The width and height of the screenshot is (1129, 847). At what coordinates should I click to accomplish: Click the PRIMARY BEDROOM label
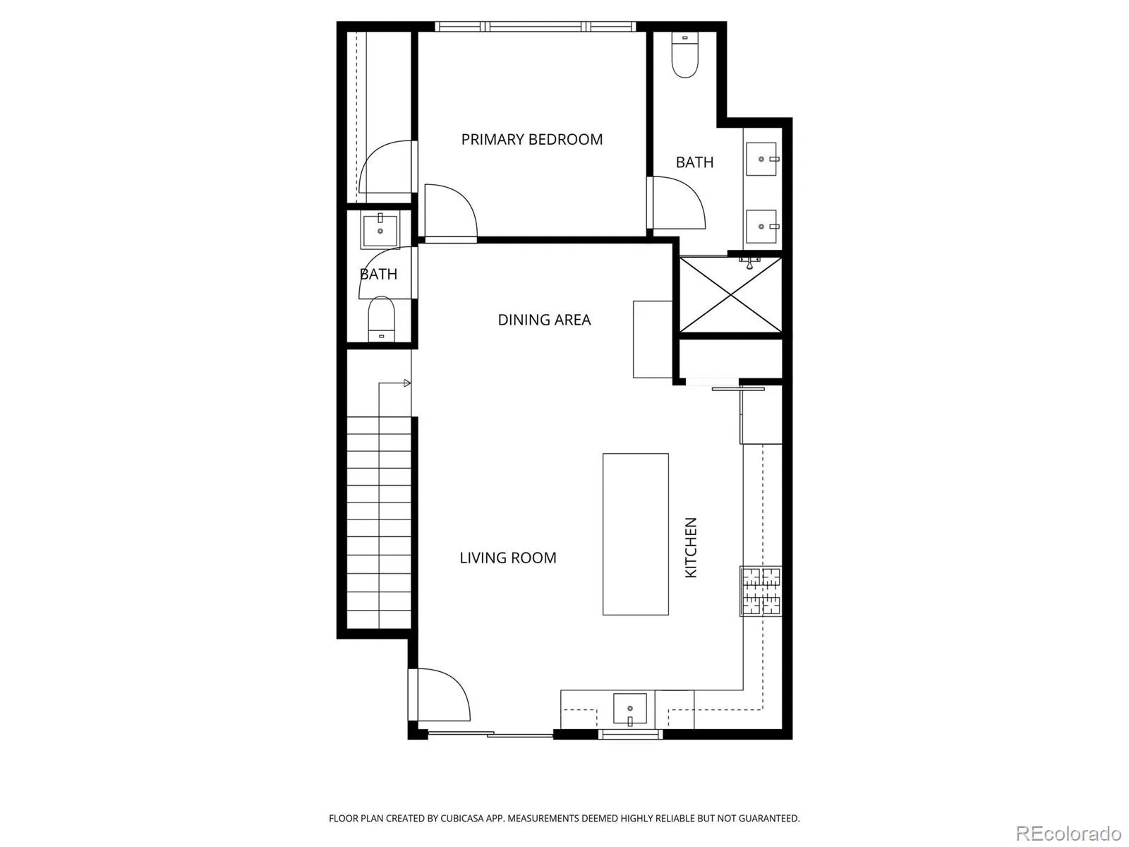pyautogui.click(x=531, y=139)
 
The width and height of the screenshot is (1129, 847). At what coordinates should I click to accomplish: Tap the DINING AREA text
pyautogui.click(x=544, y=320)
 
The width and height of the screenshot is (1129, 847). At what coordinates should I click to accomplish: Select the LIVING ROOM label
pyautogui.click(x=507, y=558)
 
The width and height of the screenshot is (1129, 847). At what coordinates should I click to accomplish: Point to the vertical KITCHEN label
pyautogui.click(x=691, y=548)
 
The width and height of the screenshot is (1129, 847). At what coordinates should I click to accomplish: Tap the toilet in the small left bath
pyautogui.click(x=381, y=319)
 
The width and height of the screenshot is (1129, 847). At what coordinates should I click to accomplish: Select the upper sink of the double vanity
pyautogui.click(x=761, y=159)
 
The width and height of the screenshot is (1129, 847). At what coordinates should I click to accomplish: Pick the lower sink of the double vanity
pyautogui.click(x=761, y=227)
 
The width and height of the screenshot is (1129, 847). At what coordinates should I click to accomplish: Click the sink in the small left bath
pyautogui.click(x=380, y=230)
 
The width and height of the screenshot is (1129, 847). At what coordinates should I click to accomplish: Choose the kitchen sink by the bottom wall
pyautogui.click(x=629, y=709)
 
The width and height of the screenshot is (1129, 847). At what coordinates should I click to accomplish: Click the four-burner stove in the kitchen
pyautogui.click(x=761, y=591)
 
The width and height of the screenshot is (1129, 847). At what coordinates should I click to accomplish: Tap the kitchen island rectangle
pyautogui.click(x=635, y=534)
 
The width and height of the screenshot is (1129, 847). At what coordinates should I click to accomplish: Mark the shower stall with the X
pyautogui.click(x=730, y=295)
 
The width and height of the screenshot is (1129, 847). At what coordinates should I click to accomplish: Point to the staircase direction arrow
pyautogui.click(x=394, y=383)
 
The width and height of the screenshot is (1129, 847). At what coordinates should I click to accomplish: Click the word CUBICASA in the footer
pyautogui.click(x=461, y=818)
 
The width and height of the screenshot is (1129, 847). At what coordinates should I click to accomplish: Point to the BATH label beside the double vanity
pyautogui.click(x=694, y=162)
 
